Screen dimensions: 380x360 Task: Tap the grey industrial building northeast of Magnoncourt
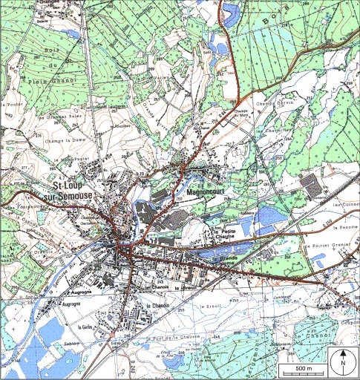[312, 185]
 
